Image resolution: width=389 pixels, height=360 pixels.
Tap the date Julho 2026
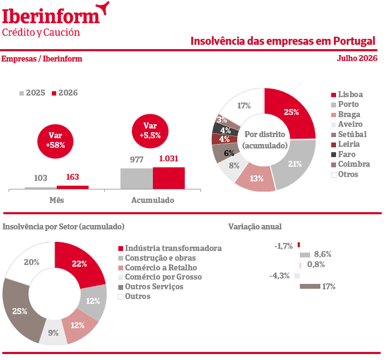tap(357, 58)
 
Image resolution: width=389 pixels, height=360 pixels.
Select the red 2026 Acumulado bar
tap(169, 178)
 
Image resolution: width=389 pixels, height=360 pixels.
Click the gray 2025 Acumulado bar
tap(137, 179)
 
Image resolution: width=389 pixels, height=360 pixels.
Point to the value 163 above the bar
tap(72, 177)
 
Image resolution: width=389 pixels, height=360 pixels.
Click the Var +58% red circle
tap(55, 141)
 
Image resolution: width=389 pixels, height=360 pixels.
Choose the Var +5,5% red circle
tap(150, 131)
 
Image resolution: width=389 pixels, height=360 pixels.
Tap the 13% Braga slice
tap(256, 179)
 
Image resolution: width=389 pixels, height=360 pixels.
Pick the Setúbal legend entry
tap(349, 134)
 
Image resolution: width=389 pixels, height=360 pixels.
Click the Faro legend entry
tap(344, 154)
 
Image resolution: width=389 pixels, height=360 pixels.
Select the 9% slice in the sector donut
tap(53, 333)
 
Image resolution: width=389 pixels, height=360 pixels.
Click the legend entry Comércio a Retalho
tap(158, 268)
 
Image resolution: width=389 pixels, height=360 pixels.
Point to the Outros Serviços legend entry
tap(151, 287)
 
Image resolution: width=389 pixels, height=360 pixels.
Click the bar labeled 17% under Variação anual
tap(310, 287)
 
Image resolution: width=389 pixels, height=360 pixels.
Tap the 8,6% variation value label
tap(323, 254)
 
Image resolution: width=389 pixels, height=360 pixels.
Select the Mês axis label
tap(57, 200)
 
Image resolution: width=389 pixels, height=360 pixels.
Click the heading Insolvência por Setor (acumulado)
tap(63, 227)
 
